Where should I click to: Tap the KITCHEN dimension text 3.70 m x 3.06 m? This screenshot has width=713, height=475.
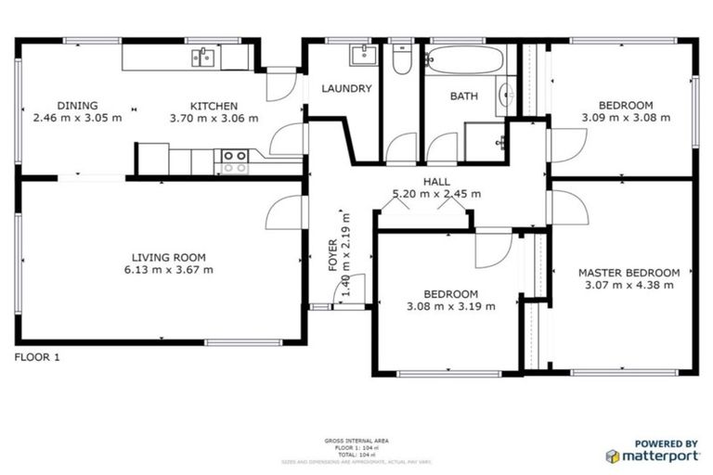(214, 119)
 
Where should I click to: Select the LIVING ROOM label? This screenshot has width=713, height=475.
(168, 257)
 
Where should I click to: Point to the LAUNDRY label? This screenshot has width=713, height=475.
(346, 89)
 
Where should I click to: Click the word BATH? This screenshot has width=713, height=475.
(463, 96)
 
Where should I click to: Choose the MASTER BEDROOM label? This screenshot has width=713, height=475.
(629, 273)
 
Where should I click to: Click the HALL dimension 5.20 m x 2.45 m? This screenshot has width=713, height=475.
(436, 194)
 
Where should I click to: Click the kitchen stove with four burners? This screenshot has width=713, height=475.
(233, 161)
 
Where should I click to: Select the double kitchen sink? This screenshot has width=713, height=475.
(203, 58)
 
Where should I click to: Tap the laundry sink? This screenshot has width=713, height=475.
(362, 55)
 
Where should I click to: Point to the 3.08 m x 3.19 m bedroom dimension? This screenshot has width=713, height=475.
(450, 306)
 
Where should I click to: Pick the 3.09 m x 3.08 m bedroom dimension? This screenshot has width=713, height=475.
(625, 118)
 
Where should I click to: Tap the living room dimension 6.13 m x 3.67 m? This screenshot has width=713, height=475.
(168, 270)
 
